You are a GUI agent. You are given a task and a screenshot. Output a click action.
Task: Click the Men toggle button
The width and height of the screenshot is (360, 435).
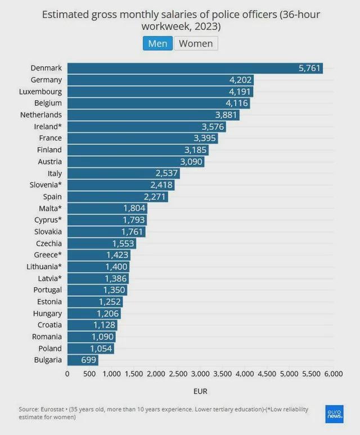pos(157,43)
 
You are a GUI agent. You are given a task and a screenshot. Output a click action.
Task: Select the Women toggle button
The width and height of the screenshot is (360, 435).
pos(196,43)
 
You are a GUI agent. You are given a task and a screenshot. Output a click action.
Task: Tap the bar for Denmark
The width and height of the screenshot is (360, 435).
pos(195,68)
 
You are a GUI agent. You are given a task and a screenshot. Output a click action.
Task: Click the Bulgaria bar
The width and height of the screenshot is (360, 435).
pos(83,360)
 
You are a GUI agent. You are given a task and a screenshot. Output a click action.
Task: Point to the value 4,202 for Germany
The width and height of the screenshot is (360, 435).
pos(240,80)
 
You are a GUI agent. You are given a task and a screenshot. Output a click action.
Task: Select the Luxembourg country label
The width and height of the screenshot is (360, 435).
pos(40,92)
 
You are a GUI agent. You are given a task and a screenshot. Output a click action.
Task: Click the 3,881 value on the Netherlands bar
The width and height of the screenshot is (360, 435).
pos(226,115)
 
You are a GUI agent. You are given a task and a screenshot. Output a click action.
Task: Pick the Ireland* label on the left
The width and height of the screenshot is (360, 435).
pos(48,126)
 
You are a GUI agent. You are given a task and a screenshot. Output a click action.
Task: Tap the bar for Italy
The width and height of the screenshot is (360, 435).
pos(124,174)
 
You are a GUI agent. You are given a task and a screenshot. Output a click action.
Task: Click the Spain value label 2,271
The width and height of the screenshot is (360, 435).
pos(155,197)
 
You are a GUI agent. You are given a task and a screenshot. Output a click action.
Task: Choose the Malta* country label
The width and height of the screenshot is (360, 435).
pos(50,208)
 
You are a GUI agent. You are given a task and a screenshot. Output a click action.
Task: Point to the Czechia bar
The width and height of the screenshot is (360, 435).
pos(102,243)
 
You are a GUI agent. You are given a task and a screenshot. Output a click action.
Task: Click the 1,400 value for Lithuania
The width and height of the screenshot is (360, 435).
pos(116,267)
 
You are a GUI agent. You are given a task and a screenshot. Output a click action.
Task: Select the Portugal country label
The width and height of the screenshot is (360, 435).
pos(47,290)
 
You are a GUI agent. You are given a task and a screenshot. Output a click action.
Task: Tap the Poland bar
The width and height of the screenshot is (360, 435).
pos(91,348)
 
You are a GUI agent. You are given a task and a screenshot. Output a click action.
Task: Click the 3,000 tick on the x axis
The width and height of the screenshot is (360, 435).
pos(200,374)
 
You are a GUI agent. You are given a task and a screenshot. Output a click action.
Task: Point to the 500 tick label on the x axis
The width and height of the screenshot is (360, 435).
pos(89,374)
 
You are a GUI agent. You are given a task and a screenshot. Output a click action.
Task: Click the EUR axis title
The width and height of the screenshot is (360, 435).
pos(200,392)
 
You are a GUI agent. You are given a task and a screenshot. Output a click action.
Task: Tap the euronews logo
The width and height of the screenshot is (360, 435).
pos(335,414)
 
